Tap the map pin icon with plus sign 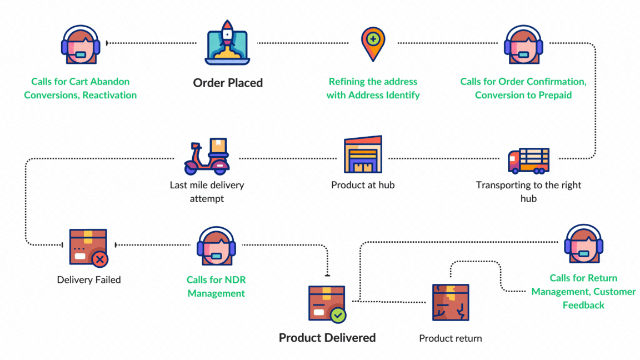(x=373, y=44)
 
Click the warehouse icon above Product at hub (x=363, y=154)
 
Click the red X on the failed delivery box (x=100, y=259)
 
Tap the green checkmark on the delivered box (x=337, y=316)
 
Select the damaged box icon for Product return (x=451, y=302)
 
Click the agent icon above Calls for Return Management (x=583, y=245)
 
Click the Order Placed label (x=228, y=83)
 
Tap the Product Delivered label (x=327, y=337)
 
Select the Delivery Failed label (x=89, y=279)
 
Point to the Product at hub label (x=363, y=185)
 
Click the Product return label (x=451, y=338)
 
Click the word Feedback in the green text (x=583, y=305)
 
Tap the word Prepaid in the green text (x=554, y=95)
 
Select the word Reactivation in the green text (x=109, y=95)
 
